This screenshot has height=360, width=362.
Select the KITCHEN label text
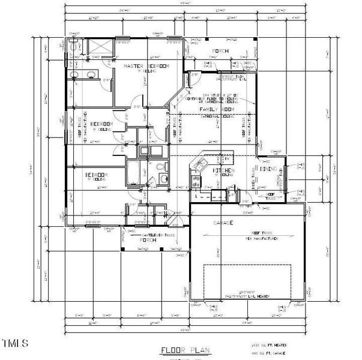tap(224, 171)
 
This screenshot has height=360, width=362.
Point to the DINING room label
tap(268, 170)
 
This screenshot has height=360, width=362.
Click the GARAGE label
tap(223, 223)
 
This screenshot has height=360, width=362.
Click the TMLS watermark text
tap(15, 344)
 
